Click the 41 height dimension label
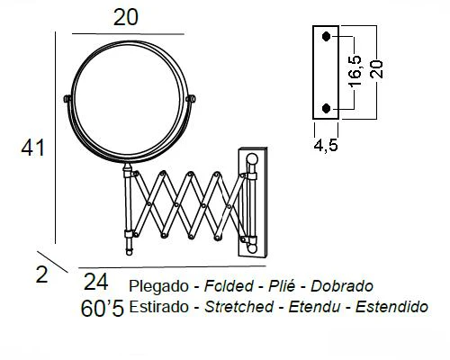(32, 148)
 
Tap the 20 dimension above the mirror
(126, 17)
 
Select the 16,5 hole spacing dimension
(355, 71)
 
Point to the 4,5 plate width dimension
(326, 145)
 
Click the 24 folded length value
(96, 282)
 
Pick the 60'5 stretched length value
(103, 309)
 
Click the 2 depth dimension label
(41, 274)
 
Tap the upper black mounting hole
(326, 36)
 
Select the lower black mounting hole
(326, 108)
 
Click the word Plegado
(158, 286)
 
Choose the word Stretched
(238, 307)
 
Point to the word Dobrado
(342, 286)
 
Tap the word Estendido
(391, 307)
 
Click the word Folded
(229, 286)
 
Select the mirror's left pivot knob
(67, 99)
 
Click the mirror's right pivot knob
(191, 98)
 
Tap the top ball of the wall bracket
(252, 159)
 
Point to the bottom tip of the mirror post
(129, 255)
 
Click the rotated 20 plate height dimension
(376, 69)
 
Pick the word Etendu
(314, 307)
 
